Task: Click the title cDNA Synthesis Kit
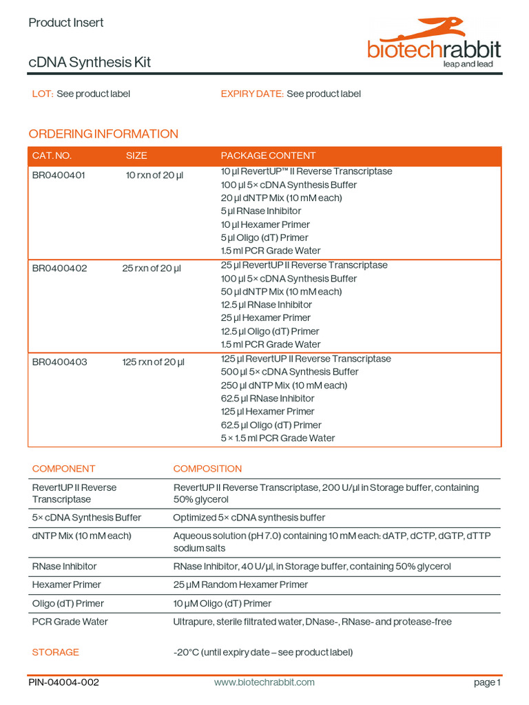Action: pyautogui.click(x=90, y=63)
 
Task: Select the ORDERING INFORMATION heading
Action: pyautogui.click(x=103, y=134)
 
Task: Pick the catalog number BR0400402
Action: pyautogui.click(x=59, y=269)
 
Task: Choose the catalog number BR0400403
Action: pyautogui.click(x=59, y=362)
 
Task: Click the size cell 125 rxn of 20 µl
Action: pyautogui.click(x=154, y=362)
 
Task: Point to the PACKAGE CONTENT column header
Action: pyautogui.click(x=268, y=156)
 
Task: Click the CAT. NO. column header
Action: pyautogui.click(x=52, y=156)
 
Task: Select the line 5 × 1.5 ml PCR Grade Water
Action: pyautogui.click(x=278, y=438)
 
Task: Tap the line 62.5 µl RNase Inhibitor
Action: pyautogui.click(x=267, y=399)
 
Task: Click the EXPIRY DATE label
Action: pyautogui.click(x=251, y=94)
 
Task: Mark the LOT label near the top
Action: pyautogui.click(x=43, y=94)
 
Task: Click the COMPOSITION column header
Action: pyautogui.click(x=207, y=469)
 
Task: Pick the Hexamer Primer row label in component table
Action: pyautogui.click(x=66, y=585)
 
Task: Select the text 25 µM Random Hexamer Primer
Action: pyautogui.click(x=240, y=585)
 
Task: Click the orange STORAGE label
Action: pyautogui.click(x=56, y=652)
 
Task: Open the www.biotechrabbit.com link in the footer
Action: pyautogui.click(x=264, y=682)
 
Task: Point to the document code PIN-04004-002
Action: pyautogui.click(x=64, y=682)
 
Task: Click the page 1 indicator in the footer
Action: pyautogui.click(x=487, y=682)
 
